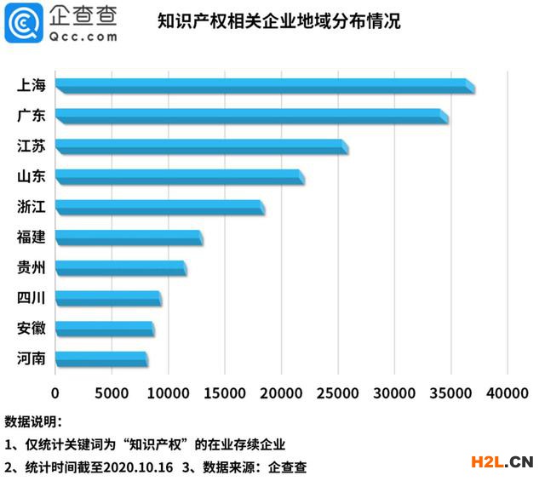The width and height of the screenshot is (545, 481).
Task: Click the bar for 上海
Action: click(x=264, y=86)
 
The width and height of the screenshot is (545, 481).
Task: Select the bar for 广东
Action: click(x=251, y=117)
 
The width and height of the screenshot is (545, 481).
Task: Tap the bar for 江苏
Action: click(x=201, y=147)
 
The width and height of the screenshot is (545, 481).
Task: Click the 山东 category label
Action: click(x=32, y=177)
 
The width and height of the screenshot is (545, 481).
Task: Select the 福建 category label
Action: click(x=32, y=238)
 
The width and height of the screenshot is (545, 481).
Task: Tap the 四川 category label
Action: click(x=32, y=298)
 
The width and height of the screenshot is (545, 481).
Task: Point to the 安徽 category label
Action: click(x=32, y=329)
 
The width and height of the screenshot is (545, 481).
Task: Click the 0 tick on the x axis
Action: click(x=55, y=393)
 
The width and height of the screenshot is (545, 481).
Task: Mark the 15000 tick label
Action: click(x=225, y=393)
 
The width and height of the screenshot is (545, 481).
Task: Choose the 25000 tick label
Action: click(x=338, y=393)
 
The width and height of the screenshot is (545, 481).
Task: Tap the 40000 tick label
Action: click(x=508, y=393)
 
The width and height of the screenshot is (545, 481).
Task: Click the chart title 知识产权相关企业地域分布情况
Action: click(x=278, y=21)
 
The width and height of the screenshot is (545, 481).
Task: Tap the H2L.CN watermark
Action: click(x=502, y=462)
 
